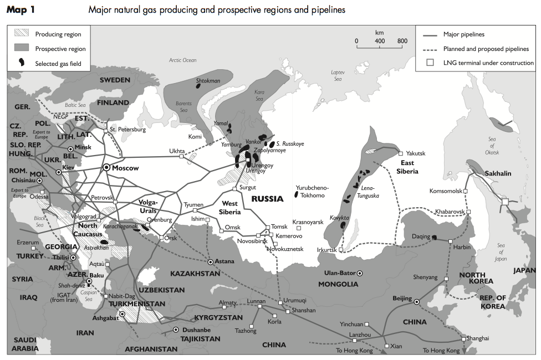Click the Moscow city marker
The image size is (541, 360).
pos(106,168)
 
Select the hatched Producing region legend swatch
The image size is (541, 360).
pos(22,34)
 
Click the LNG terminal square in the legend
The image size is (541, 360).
pos(430,63)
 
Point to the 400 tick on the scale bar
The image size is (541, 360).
pos(379,40)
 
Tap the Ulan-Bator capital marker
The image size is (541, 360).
pos(360,273)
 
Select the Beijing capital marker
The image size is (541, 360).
pos(417,301)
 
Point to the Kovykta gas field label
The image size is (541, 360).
pos(338,218)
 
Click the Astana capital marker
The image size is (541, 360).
pos(211,261)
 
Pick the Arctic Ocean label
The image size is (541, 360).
pos(183,60)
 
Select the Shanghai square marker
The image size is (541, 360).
pos(463,338)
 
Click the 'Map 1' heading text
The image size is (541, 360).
pos(21,10)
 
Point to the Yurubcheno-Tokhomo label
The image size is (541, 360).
pos(314,191)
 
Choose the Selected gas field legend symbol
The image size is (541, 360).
pos(22,63)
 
